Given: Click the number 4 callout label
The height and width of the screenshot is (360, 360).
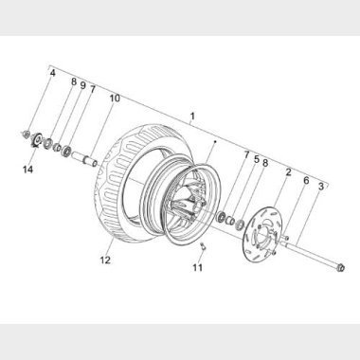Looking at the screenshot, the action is [x=53, y=73].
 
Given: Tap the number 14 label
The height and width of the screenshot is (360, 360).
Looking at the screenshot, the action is [x=27, y=170].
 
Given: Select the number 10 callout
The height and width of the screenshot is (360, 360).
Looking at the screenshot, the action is [x=115, y=99].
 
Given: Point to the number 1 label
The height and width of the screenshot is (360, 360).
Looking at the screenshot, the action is [x=192, y=117].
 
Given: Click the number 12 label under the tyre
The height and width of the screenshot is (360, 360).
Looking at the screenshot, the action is [x=105, y=260].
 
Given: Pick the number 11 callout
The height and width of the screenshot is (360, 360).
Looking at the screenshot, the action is [x=197, y=267].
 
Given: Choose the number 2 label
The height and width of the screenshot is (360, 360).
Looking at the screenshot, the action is [x=288, y=172].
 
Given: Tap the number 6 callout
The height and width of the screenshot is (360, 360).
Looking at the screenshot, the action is [x=306, y=181].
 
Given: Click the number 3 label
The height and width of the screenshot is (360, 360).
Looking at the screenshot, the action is [x=321, y=187].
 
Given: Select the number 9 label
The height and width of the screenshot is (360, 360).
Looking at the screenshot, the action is [x=82, y=85].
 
